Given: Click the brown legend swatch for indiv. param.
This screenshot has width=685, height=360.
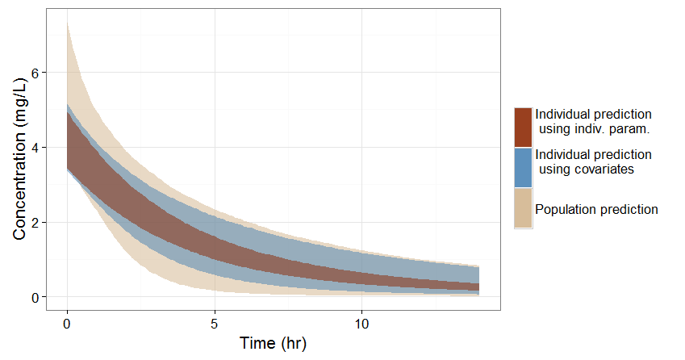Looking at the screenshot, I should [523, 128].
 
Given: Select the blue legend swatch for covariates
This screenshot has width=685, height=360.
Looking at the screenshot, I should [523, 168].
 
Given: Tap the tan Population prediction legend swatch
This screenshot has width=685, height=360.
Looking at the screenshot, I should [523, 208].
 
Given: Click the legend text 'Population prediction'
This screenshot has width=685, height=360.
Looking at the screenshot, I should [597, 209].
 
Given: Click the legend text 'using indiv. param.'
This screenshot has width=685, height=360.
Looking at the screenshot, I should [594, 129].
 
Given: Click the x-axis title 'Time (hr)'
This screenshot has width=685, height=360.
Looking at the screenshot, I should [274, 343].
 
